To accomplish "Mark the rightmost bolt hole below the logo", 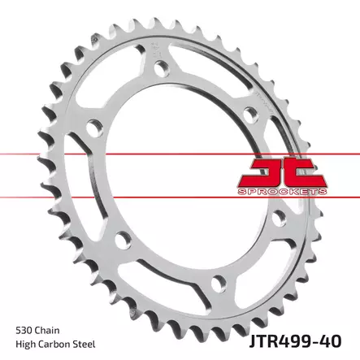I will coord(278,218).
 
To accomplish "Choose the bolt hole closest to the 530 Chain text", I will coord(124,238).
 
